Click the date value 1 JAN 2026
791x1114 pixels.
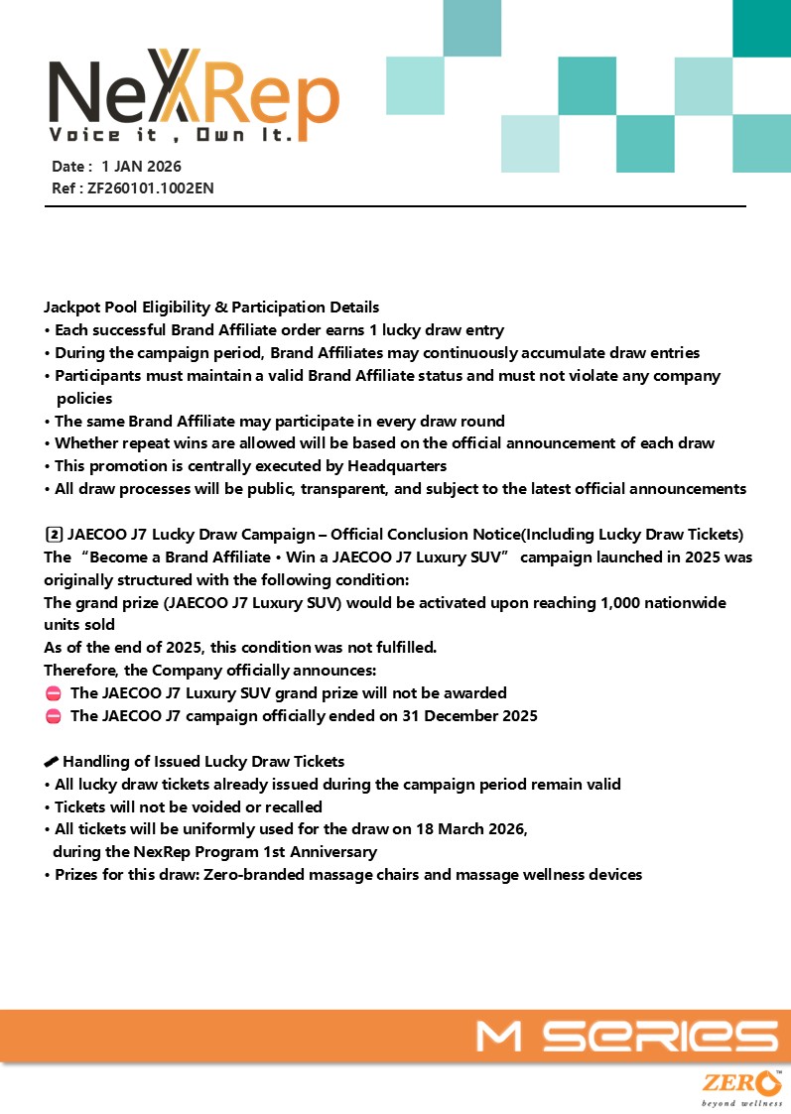click(x=141, y=167)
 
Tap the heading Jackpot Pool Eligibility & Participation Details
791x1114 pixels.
click(x=211, y=308)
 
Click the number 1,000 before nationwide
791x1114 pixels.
click(x=593, y=602)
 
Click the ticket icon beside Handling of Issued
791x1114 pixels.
click(x=52, y=762)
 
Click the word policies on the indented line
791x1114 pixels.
click(x=84, y=398)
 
